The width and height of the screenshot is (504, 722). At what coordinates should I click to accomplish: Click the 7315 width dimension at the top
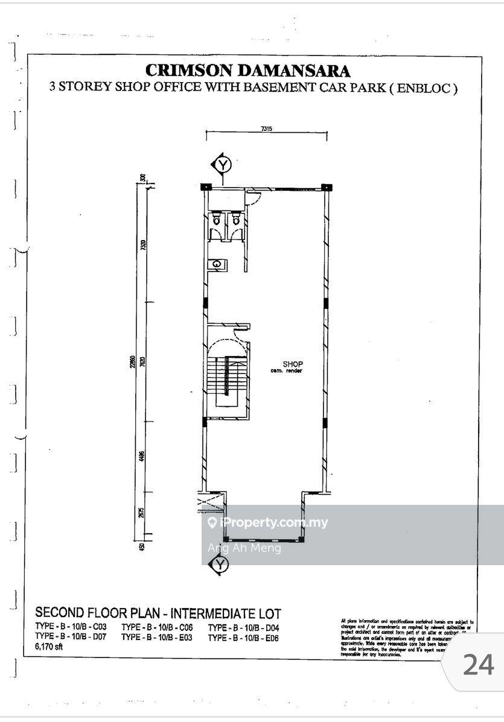coord(266,128)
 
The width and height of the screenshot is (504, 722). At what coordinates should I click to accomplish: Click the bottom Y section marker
coord(219,565)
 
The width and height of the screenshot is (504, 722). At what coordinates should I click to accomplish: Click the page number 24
coord(478,665)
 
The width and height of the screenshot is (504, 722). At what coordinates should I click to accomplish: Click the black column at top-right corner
coord(325,186)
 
